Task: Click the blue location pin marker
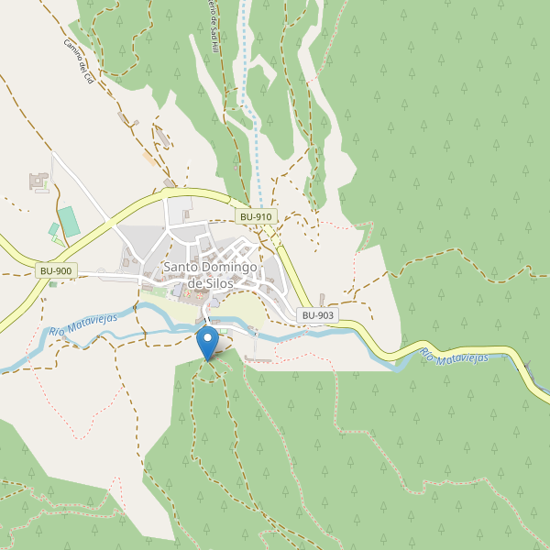coord(208,341)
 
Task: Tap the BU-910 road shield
coord(255,216)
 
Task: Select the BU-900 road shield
coord(57,271)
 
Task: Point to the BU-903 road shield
coord(317,315)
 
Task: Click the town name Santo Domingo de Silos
coord(210,275)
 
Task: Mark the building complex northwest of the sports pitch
coord(39,181)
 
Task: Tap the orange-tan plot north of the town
coord(149,158)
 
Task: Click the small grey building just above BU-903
coord(322,300)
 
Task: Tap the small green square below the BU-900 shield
coord(53,284)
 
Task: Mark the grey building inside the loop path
coord(163,137)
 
